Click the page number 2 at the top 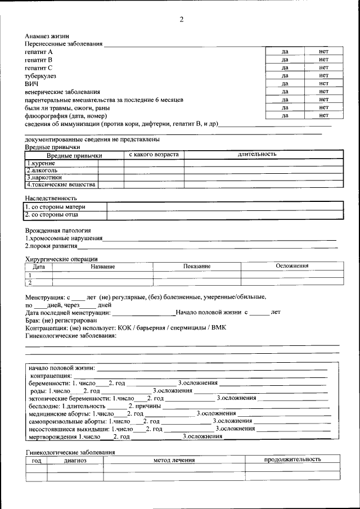click(181, 20)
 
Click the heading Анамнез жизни click(47, 36)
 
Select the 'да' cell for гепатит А click(285, 51)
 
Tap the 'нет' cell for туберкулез click(323, 75)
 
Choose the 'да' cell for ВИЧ click(285, 83)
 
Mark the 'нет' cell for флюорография click(323, 115)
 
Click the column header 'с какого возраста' click(154, 154)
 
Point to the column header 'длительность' click(256, 154)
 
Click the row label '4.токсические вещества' click(61, 184)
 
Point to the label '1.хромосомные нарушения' click(63, 238)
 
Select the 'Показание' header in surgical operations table click(197, 266)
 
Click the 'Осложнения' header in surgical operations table click(292, 266)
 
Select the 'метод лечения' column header click(174, 460)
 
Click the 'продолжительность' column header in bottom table click(292, 460)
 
